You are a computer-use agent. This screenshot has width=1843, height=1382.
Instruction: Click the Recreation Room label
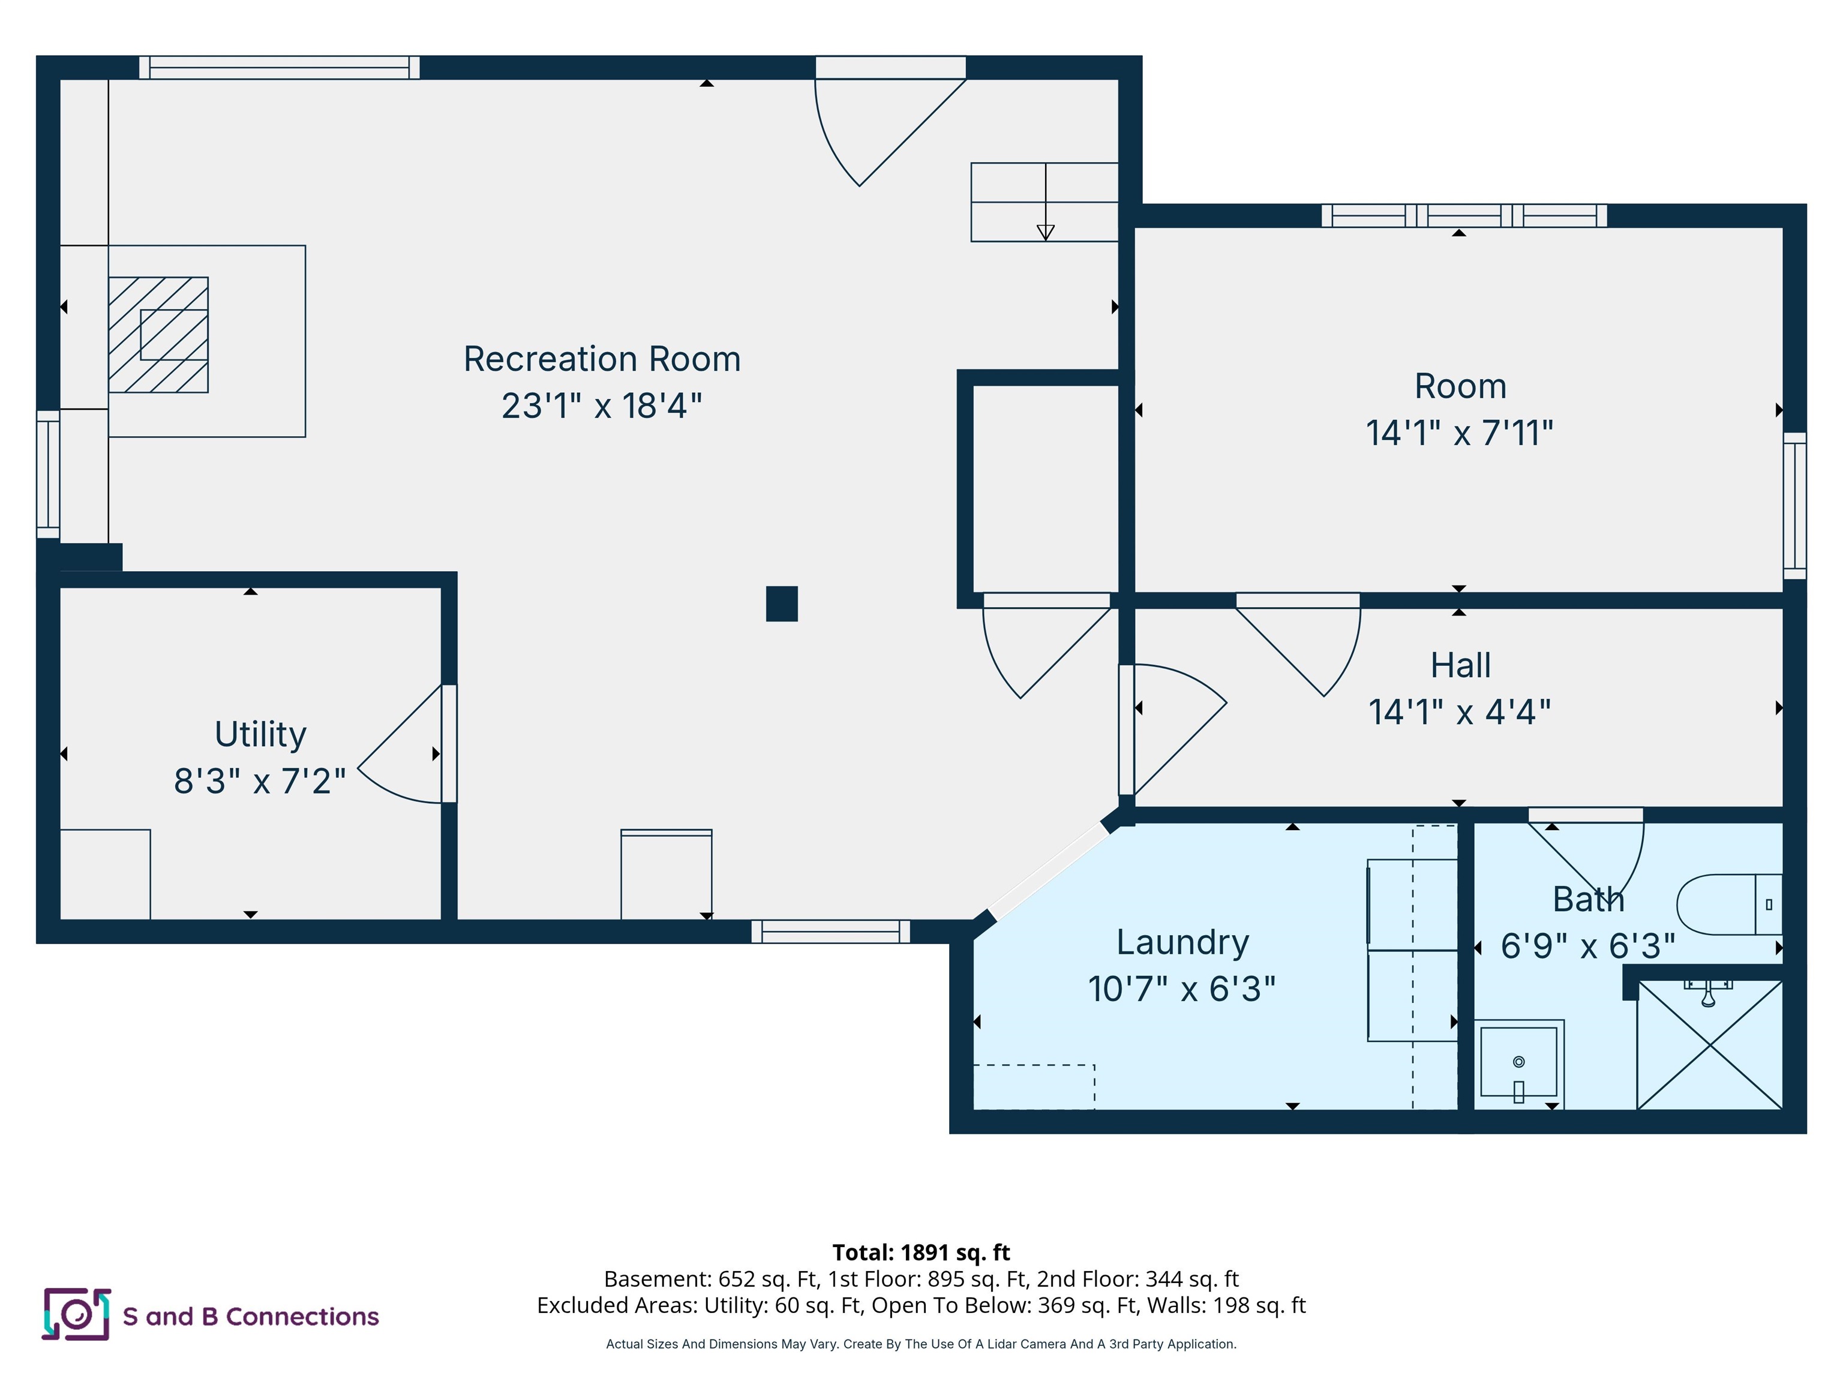coord(602,359)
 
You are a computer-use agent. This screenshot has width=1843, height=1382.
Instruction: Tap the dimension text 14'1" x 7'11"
coord(1459,433)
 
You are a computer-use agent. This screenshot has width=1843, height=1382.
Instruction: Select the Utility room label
coord(260,734)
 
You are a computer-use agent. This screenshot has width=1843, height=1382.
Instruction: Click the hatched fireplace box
coord(158,335)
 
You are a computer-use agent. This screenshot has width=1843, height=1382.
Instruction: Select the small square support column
coord(782,604)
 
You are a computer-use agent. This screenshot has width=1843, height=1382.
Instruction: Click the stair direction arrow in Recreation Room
coord(1045,232)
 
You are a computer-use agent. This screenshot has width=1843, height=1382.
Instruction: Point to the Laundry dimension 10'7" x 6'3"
coord(1181,989)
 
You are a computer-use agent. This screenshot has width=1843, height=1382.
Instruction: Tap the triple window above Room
coord(1464,216)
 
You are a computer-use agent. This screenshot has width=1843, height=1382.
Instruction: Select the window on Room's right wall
coord(1794,505)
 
